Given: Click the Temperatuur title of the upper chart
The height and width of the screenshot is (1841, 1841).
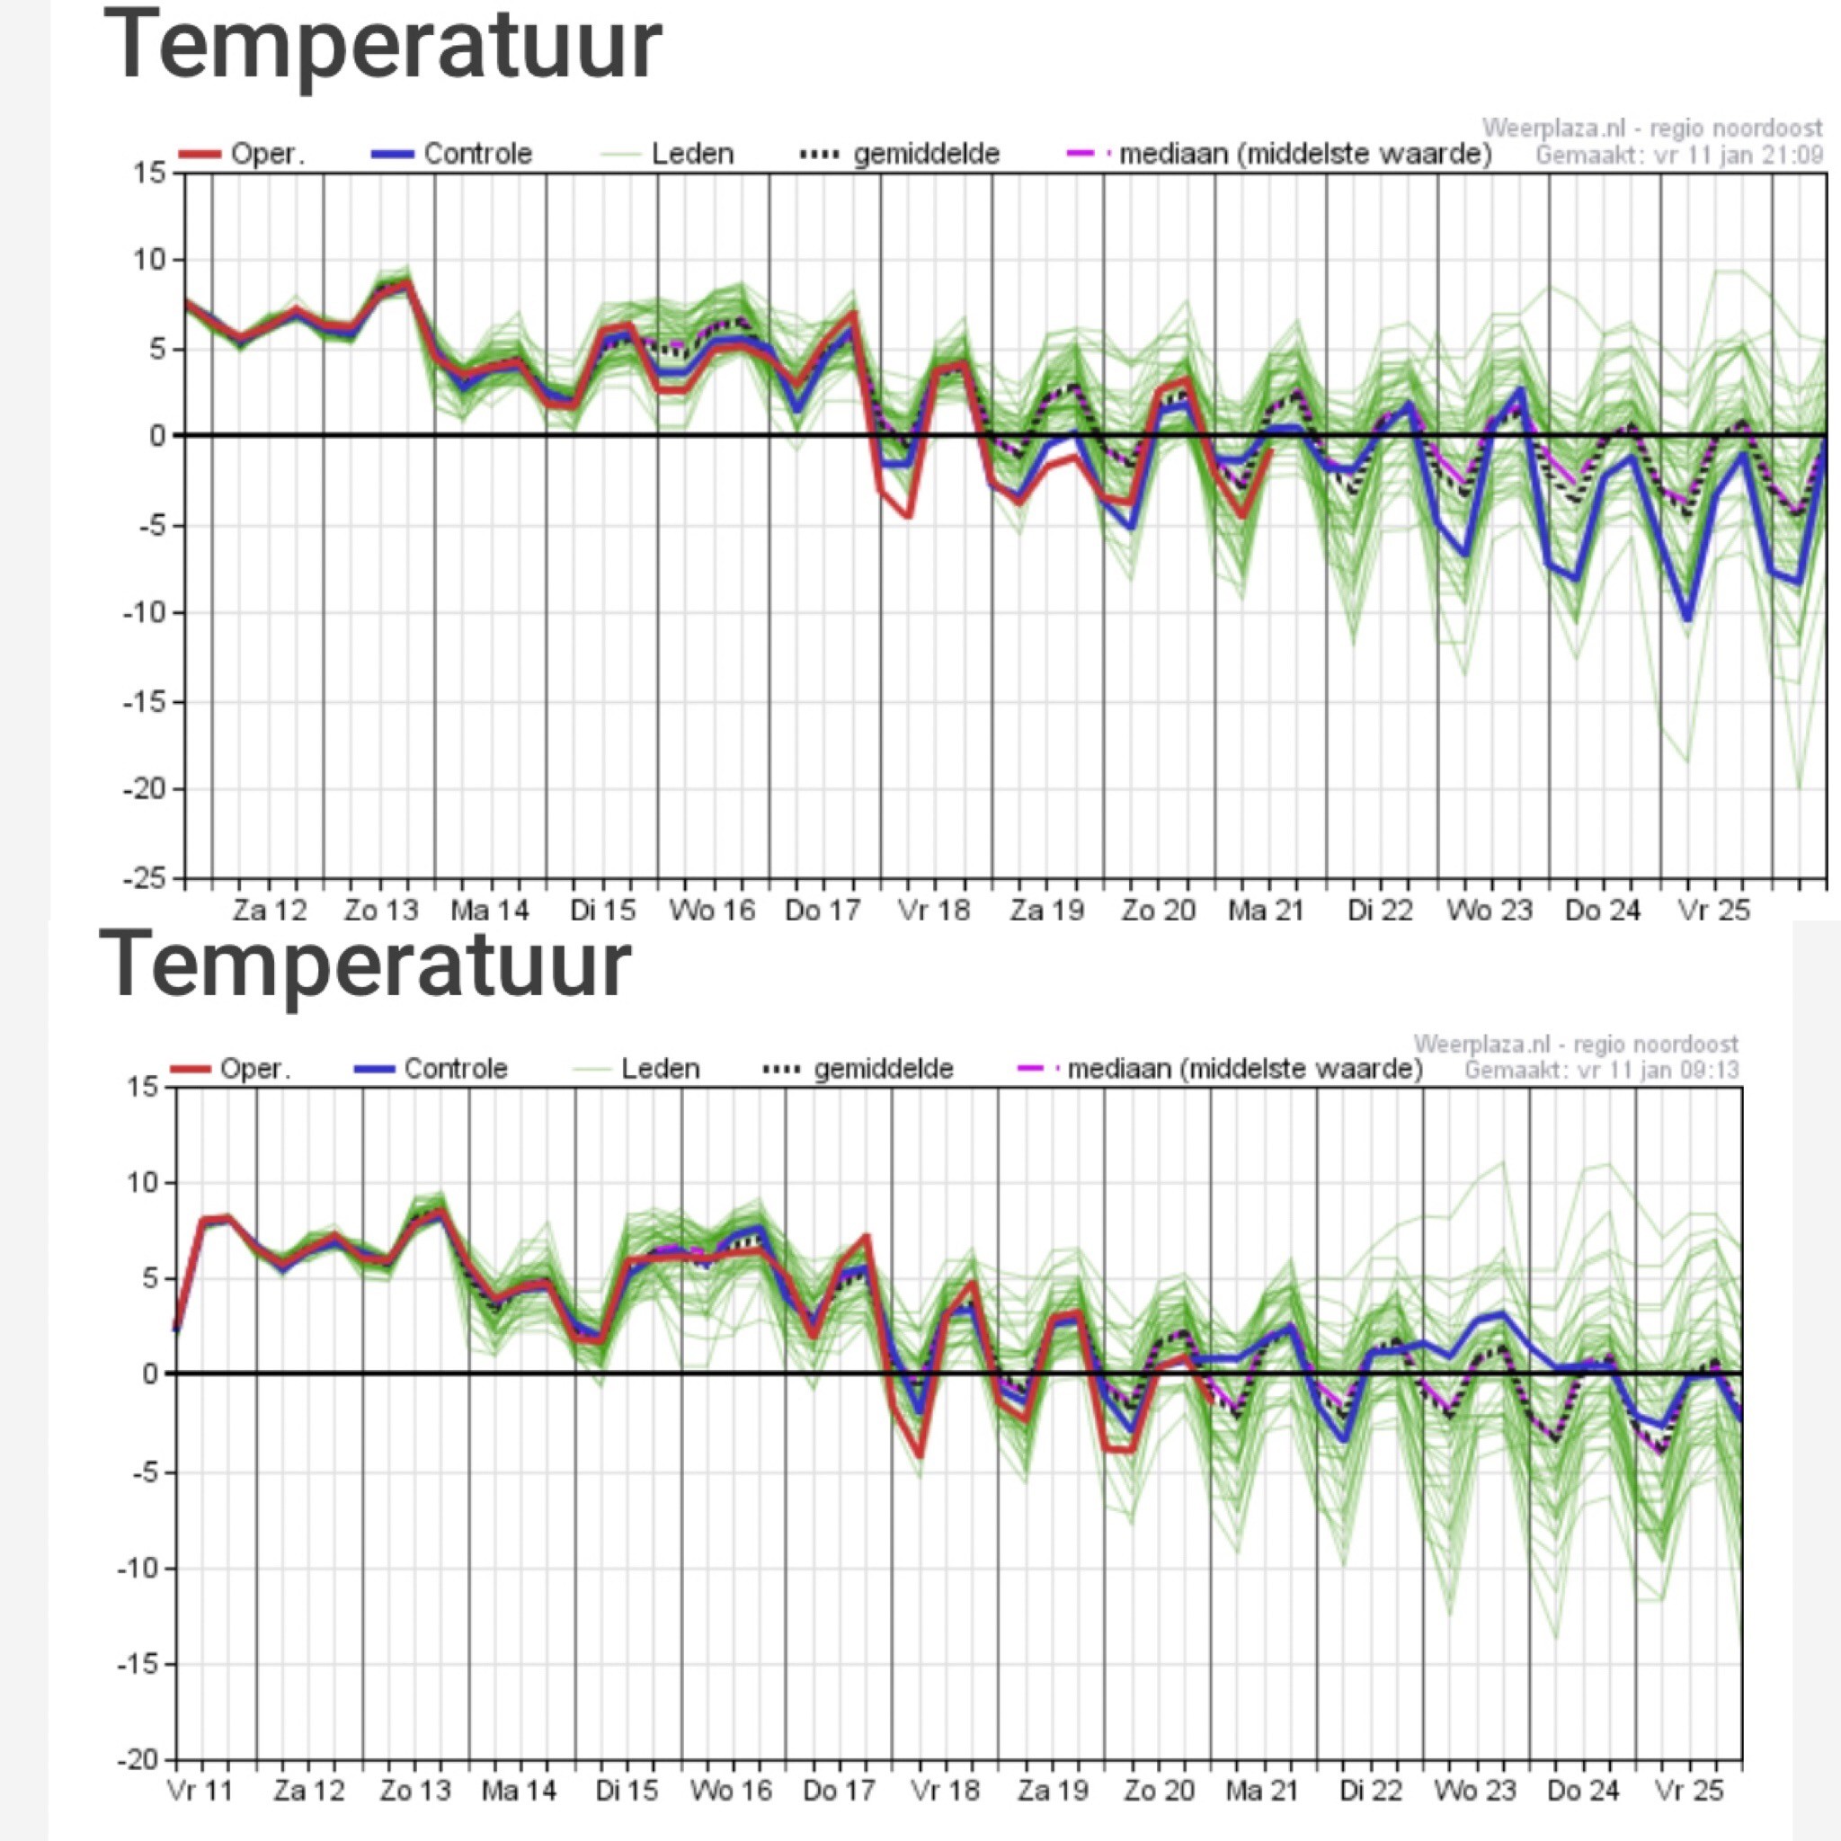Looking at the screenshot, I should (x=381, y=46).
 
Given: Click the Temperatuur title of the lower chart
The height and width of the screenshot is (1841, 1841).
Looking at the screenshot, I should (x=365, y=965).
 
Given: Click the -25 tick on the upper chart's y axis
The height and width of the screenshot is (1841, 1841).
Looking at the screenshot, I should (x=144, y=877).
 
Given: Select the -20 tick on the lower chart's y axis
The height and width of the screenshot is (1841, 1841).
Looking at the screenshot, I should (x=138, y=1760).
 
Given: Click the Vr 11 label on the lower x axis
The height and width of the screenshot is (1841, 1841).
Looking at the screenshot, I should (x=200, y=1792).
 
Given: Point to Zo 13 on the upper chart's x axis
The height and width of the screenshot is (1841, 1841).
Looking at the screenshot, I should (x=381, y=911).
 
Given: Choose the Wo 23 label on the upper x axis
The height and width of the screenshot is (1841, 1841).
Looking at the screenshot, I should (x=1490, y=911).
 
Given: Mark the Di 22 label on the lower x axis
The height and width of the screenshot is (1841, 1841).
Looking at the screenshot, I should (x=1370, y=1792).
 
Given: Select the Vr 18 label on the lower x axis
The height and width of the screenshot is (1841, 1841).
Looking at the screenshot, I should (x=946, y=1792).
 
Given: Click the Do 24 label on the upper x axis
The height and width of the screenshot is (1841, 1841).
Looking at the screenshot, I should (x=1602, y=911).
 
